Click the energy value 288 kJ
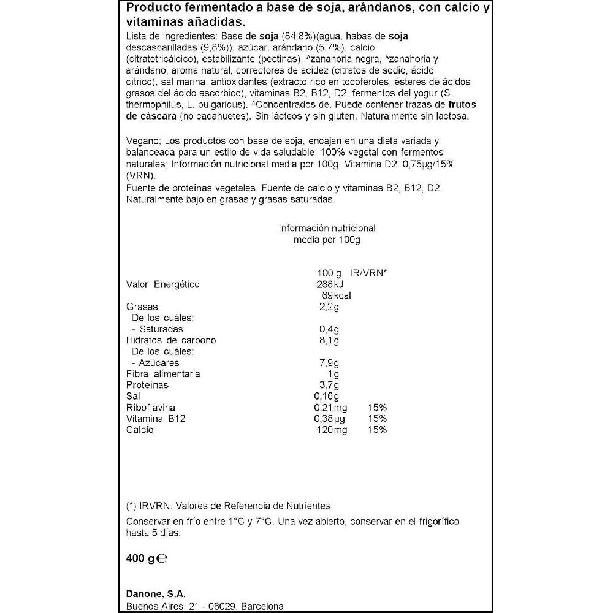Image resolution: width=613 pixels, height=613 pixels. (331, 284)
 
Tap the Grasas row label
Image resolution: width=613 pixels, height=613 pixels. (142, 306)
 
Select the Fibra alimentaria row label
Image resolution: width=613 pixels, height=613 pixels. (163, 374)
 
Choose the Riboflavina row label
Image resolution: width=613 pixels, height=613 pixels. (150, 408)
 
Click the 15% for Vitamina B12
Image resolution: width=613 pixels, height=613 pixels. (377, 419)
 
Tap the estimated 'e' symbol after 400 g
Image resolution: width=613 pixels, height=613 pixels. (162, 559)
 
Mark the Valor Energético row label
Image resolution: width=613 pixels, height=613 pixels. (162, 284)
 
